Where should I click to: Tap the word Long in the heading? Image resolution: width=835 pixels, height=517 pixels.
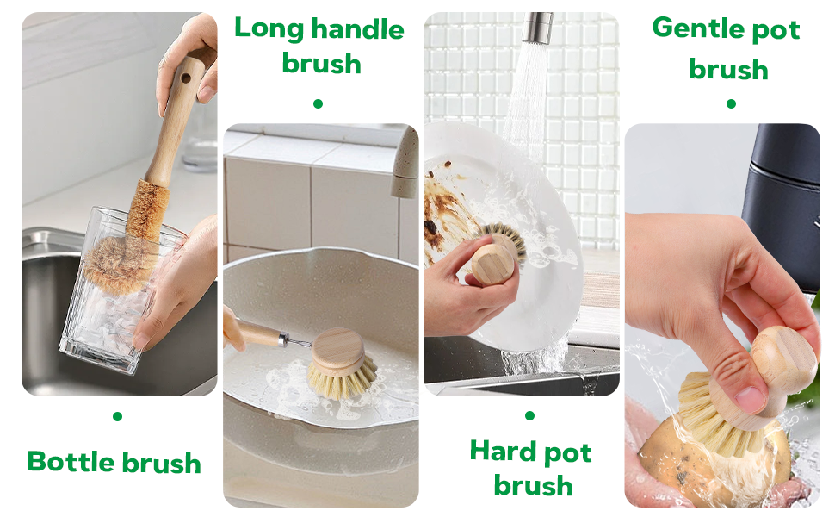269,28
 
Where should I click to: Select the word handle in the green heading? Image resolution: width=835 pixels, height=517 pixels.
357,29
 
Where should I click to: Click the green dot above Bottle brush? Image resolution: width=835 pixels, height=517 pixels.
117,417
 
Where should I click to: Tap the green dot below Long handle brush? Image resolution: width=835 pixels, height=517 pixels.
318,103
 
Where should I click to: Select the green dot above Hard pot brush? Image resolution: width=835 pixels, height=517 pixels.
529,415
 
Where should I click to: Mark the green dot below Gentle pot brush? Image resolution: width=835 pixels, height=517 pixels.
731,103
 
